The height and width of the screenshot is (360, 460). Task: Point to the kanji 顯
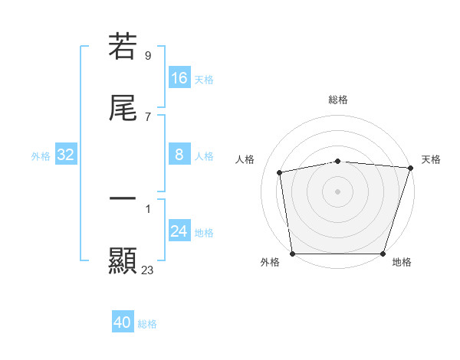123,260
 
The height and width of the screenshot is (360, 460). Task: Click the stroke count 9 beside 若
147,55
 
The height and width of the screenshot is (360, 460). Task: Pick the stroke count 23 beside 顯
147,270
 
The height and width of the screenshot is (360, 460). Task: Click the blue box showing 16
179,78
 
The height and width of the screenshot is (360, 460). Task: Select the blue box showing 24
179,232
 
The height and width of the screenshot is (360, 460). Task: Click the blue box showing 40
123,323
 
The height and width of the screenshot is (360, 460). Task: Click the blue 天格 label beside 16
204,79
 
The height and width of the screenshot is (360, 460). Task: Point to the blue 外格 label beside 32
41,156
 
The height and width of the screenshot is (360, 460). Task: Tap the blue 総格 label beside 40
147,324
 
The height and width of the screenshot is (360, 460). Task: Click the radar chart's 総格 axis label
338,100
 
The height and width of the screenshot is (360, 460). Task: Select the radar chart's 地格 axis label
402,262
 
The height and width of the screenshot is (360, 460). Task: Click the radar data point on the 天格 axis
410,168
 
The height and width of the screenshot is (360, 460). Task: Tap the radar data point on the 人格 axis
280,172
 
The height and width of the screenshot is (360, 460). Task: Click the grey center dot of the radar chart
338,191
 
